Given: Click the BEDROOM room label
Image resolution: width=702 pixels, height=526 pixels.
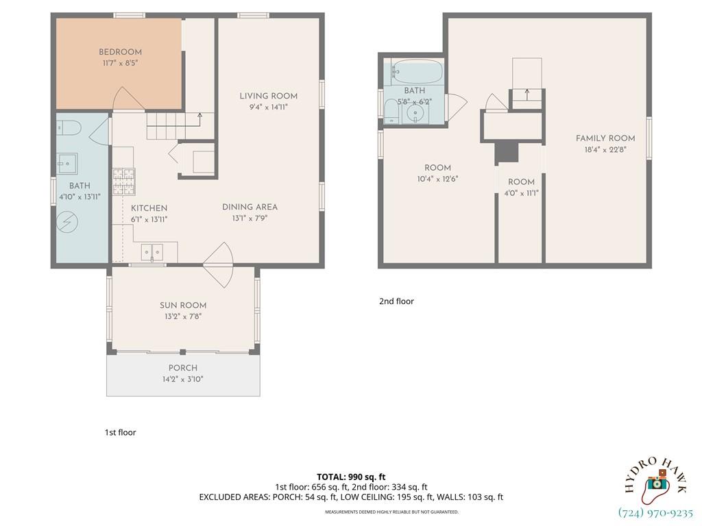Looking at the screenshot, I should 120,52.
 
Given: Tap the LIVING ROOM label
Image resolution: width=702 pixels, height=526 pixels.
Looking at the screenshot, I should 263,96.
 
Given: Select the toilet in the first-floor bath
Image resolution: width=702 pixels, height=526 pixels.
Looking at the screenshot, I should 69,127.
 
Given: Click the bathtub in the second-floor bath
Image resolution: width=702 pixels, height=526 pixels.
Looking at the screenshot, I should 415,71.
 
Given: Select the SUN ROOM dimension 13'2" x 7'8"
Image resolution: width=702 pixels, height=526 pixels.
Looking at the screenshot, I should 182,316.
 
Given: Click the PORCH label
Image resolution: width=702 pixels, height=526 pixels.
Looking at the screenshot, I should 182,368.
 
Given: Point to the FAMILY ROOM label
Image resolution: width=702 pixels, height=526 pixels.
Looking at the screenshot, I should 605,138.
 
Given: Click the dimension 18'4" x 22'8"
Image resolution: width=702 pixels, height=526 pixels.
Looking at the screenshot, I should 605,149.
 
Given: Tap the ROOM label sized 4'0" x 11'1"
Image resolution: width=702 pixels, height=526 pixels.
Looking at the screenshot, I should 521,182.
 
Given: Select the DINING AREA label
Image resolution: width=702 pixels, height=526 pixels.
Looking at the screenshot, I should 250,208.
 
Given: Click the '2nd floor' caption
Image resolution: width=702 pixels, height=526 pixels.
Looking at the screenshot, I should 396,301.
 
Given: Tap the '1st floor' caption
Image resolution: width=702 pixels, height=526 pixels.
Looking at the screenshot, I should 120,432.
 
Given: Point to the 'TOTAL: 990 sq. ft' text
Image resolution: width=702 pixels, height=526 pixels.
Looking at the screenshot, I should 351,477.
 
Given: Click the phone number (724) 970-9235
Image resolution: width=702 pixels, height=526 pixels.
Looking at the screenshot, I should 655,512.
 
